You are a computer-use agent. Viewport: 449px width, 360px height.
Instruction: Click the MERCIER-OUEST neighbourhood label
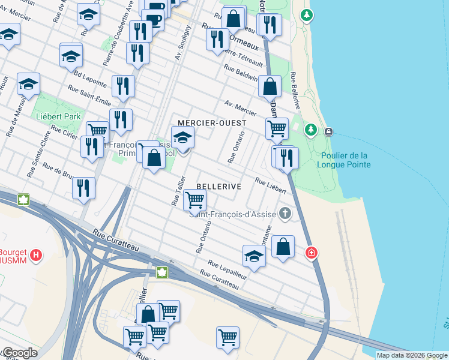click(212, 123)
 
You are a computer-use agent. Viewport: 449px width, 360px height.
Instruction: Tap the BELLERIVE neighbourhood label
click(218, 187)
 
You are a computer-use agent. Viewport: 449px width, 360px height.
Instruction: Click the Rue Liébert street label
click(270, 185)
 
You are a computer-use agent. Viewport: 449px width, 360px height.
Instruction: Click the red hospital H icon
click(37, 256)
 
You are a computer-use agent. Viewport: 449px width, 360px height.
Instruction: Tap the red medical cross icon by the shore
click(311, 253)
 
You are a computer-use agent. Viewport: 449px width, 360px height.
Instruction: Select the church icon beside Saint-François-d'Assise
click(285, 214)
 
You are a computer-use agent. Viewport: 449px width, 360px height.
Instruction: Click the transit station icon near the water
click(328, 131)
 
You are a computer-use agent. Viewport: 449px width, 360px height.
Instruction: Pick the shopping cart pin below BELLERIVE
click(194, 199)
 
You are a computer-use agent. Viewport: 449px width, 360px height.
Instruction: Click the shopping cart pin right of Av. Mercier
click(276, 127)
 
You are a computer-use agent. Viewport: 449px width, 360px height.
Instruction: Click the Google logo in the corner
click(19, 353)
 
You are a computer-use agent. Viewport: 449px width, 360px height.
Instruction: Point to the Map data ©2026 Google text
click(411, 355)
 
